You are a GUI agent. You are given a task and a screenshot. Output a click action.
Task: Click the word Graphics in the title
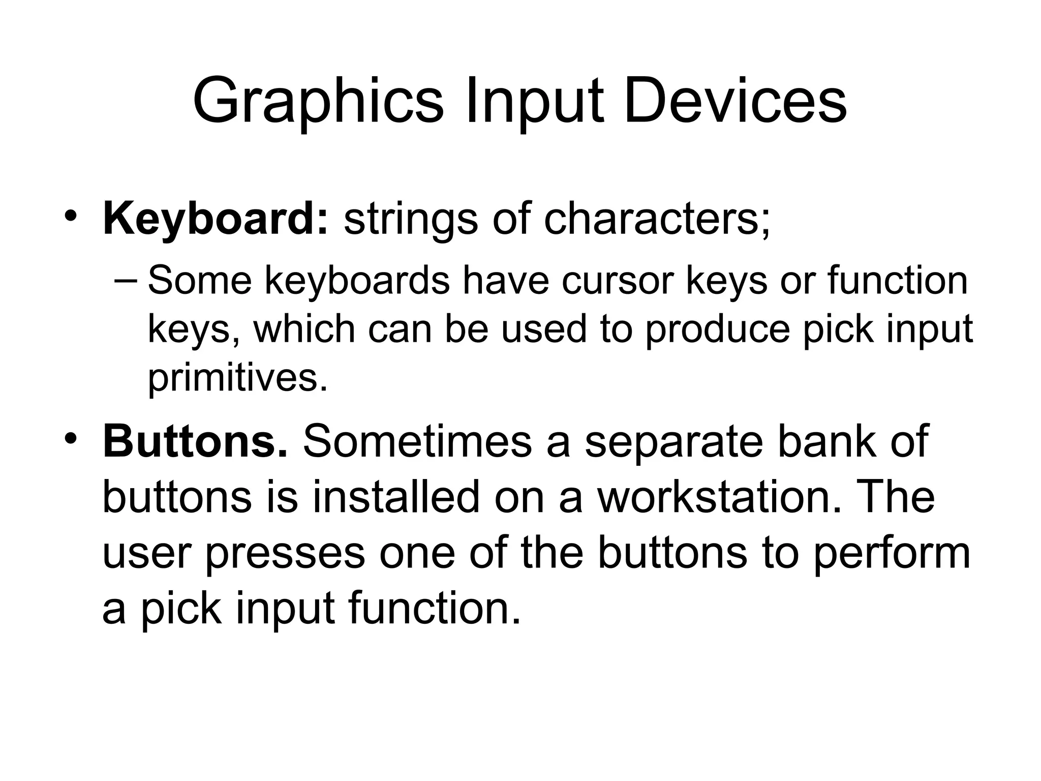(318, 102)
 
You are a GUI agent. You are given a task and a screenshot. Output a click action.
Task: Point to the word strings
(411, 219)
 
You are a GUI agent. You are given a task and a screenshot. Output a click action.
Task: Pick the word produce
(717, 329)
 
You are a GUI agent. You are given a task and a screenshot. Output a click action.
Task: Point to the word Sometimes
(417, 441)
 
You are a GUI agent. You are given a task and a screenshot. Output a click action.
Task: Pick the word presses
(285, 553)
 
